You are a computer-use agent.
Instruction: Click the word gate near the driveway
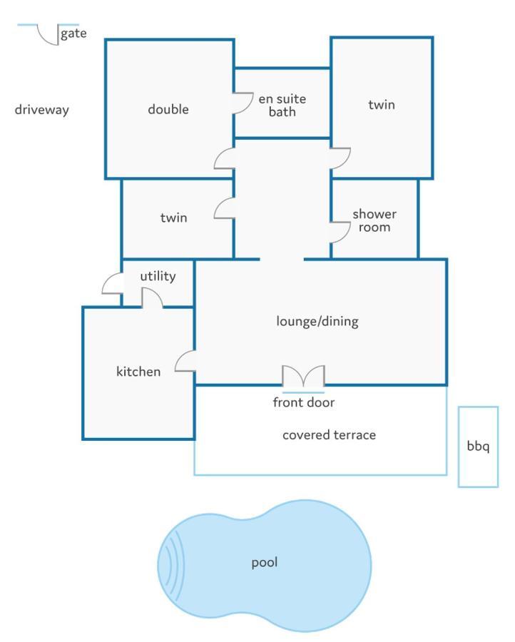[x=73, y=34]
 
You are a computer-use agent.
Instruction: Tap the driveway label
[x=42, y=110]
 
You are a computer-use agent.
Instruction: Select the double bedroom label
[x=168, y=109]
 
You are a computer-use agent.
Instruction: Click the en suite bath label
[x=282, y=106]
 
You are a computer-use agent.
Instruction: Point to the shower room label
[x=374, y=220]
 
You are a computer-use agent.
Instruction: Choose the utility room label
[x=158, y=276]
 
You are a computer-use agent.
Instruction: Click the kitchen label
[x=138, y=372]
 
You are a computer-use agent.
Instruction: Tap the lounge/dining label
[x=317, y=322]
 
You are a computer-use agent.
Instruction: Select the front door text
[x=304, y=402]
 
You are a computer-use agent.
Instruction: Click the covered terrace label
[x=329, y=435]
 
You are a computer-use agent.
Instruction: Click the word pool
[x=265, y=563]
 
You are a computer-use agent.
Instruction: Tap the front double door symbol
[x=303, y=375]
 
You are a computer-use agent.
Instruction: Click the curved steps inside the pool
[x=174, y=564]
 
